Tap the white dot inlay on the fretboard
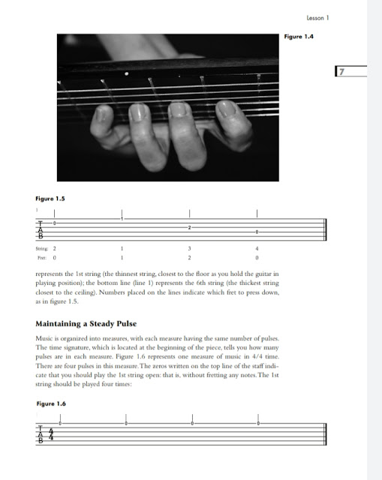click(x=126, y=75)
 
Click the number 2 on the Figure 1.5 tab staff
click(x=190, y=227)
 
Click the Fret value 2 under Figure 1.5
click(x=190, y=257)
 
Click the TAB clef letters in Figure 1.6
click(x=40, y=434)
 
